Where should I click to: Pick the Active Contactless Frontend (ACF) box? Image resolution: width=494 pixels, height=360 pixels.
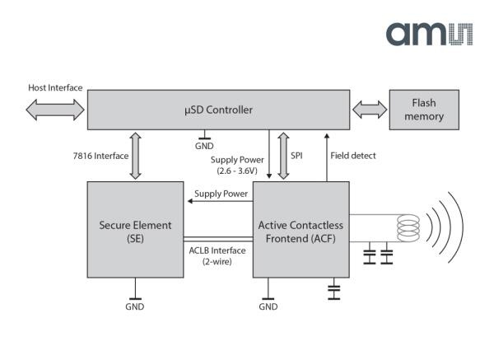(x=300, y=231)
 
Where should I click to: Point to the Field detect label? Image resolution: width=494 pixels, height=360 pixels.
(x=352, y=155)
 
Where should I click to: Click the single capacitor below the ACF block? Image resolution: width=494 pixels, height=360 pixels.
(x=333, y=290)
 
